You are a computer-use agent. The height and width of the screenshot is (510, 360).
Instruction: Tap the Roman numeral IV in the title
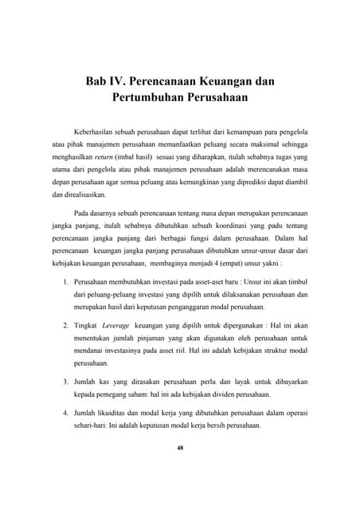pyautogui.click(x=128, y=81)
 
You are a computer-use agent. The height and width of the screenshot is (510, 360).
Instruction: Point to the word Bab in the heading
pyautogui.click(x=100, y=81)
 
